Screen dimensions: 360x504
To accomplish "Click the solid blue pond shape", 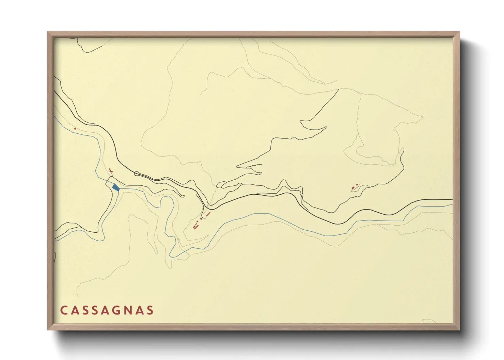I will tap(116, 187).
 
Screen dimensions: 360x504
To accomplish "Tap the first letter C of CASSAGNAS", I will tap(64, 310).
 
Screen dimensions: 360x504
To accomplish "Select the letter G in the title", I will tap(117, 310).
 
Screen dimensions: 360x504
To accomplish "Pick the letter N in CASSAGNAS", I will tap(128, 310).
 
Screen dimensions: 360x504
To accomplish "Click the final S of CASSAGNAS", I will tap(150, 310).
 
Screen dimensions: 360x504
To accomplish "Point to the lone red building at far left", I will tap(75, 129).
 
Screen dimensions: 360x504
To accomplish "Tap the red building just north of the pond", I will tap(110, 170).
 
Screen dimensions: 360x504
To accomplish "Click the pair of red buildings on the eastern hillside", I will tap(355, 186).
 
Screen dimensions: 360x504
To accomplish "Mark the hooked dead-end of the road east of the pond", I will tap(184, 196).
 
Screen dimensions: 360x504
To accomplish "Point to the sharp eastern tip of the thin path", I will tap(422, 118).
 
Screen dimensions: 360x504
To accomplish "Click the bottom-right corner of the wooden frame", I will tap(459, 329).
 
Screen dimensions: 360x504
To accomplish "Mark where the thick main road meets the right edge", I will tap(452, 200).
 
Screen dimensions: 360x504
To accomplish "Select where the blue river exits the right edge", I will tap(452, 205).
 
